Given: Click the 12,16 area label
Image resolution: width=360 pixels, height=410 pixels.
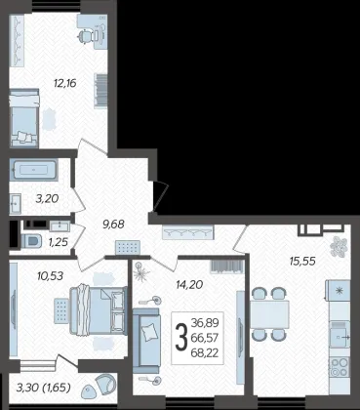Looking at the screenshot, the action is (x=65, y=83).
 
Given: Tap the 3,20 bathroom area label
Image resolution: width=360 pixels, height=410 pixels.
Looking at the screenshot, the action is (x=48, y=198).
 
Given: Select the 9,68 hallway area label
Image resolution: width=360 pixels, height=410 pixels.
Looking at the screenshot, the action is (x=113, y=225).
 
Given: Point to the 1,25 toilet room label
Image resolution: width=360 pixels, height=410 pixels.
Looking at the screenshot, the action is (x=59, y=242).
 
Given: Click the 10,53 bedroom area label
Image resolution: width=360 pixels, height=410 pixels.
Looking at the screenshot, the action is (x=51, y=276).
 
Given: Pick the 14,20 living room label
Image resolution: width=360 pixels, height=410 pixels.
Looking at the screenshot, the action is (x=189, y=285).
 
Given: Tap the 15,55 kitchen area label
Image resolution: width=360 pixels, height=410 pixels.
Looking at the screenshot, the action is (x=302, y=261).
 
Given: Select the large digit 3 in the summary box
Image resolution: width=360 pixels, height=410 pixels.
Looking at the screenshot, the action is (x=181, y=338).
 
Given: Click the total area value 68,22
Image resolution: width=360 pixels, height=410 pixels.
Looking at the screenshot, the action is (x=205, y=352).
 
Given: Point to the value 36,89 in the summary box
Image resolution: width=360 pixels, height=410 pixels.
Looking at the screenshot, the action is (x=205, y=323).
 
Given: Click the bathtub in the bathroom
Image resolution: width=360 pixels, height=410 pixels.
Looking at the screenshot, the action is (x=33, y=170).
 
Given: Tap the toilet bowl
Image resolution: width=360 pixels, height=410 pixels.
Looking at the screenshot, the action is (x=32, y=241).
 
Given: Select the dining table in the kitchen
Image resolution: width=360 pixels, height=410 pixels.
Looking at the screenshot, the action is (x=269, y=314).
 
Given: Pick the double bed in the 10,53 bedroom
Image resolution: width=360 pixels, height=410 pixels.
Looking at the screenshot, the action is (x=99, y=310).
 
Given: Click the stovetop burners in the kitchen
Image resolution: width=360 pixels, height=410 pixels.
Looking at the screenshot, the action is (x=340, y=367).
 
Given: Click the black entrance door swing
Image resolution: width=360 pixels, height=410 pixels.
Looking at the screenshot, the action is (x=160, y=195).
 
